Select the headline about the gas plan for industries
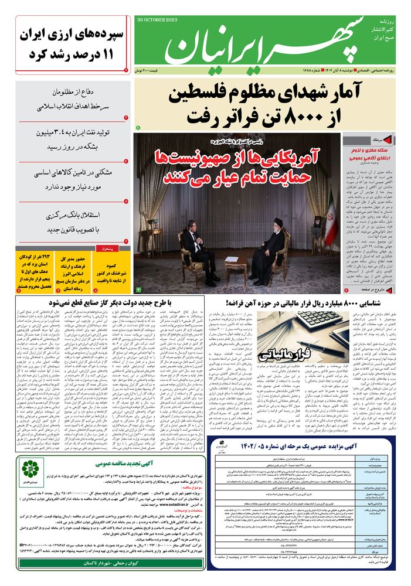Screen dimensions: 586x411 click(x=97, y=303)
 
